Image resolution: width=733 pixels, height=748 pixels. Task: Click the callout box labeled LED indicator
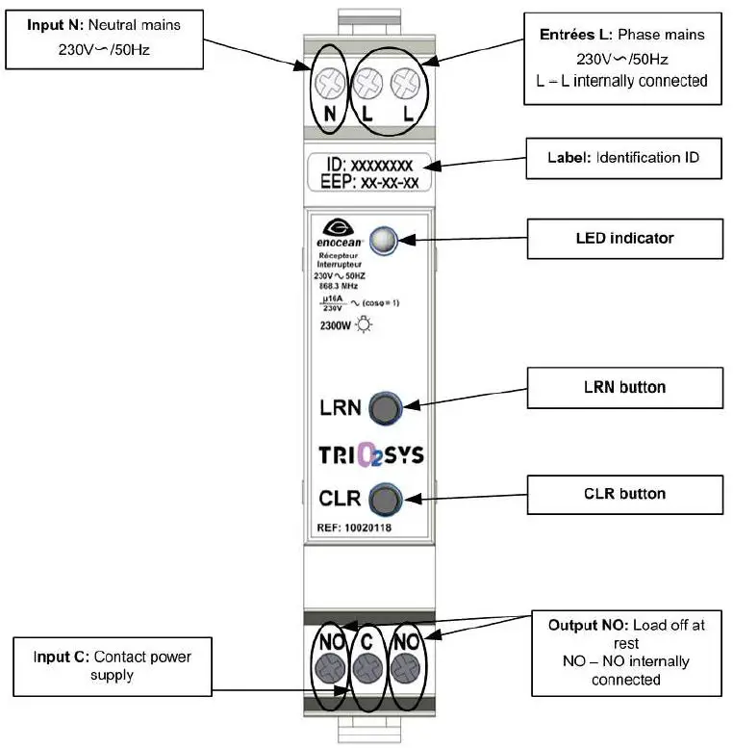coord(624,239)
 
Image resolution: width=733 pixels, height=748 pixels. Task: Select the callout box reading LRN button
coord(624,388)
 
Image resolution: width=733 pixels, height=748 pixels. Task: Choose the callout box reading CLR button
coord(624,494)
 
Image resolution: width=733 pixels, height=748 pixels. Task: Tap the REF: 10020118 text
coord(353,529)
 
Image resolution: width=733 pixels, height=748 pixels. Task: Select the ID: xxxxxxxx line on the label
coord(369,165)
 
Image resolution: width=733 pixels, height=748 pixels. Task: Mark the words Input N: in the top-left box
coord(61,24)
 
